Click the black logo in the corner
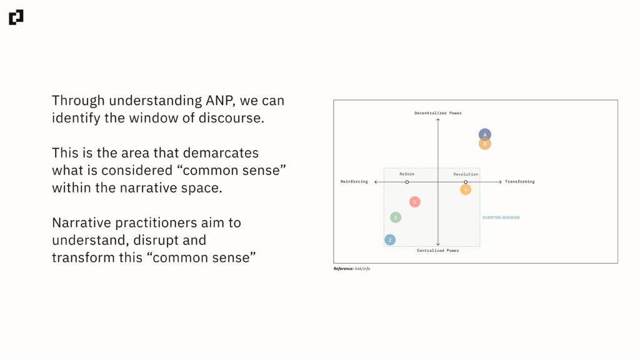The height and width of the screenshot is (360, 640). click(x=16, y=17)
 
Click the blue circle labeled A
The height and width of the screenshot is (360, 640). click(x=485, y=134)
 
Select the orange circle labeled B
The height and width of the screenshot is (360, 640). click(x=485, y=144)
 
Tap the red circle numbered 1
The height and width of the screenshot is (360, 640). click(x=415, y=202)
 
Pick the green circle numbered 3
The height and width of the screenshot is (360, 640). click(x=396, y=217)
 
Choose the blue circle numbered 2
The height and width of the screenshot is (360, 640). click(x=390, y=239)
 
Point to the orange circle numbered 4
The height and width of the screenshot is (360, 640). click(x=466, y=189)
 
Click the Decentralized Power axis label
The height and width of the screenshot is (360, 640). click(x=438, y=113)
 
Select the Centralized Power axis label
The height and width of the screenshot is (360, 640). click(x=438, y=250)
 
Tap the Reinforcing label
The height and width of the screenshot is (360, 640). click(x=354, y=182)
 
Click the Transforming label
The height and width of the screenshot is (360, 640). click(x=519, y=182)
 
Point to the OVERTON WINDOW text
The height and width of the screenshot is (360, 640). click(x=501, y=217)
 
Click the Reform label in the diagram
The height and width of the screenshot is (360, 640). click(x=407, y=174)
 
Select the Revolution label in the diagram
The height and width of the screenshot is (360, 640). click(x=466, y=174)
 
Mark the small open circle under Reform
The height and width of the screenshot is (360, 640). click(x=407, y=182)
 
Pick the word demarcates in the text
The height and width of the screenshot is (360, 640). click(x=221, y=153)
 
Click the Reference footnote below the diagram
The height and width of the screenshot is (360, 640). click(x=352, y=269)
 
